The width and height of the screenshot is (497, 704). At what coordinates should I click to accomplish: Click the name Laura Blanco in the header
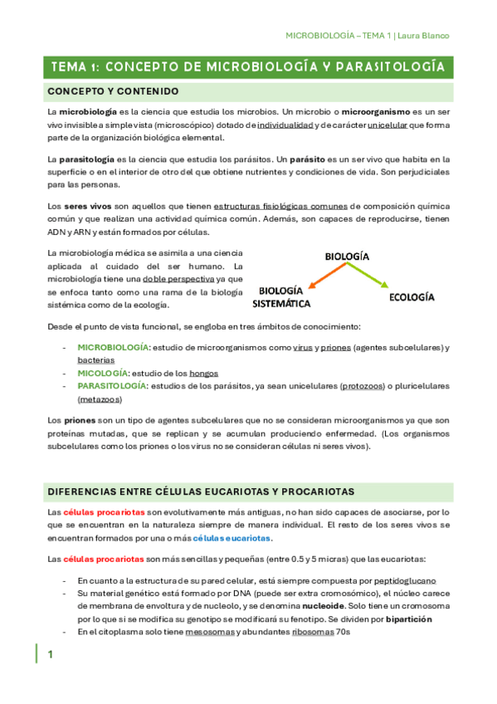point(424,36)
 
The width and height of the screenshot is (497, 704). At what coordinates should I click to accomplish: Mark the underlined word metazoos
point(98,399)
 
